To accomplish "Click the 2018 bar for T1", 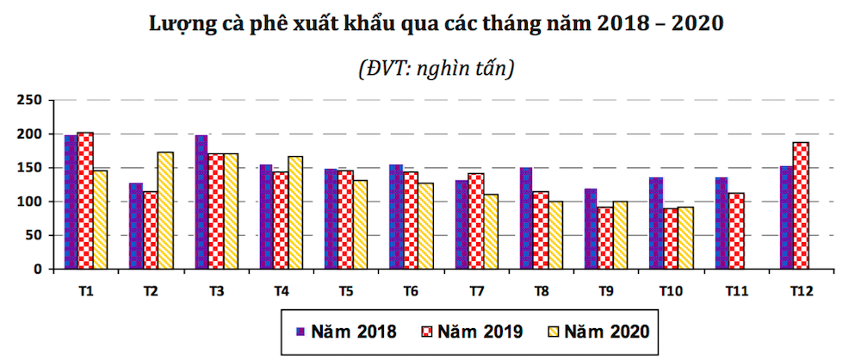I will coord(71,202).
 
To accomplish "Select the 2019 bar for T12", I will coord(802,206).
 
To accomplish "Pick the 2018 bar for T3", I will coord(201,202).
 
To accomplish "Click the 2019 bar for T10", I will coord(671,239).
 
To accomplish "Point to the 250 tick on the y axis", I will coord(31,101).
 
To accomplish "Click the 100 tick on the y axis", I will coord(31,202).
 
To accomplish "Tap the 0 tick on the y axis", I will coord(38,269).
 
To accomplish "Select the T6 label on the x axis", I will coord(412,291).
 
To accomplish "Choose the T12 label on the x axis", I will coord(801,291).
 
